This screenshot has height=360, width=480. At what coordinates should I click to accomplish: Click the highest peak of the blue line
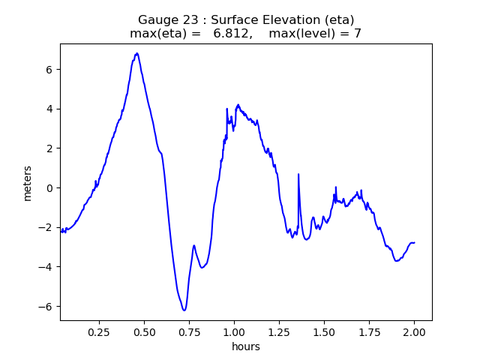tap(137, 53)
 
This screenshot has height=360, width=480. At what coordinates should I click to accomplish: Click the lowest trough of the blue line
tap(183, 310)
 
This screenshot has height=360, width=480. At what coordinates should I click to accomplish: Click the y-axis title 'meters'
tap(28, 182)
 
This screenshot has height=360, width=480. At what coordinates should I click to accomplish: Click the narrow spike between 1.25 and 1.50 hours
tap(298, 175)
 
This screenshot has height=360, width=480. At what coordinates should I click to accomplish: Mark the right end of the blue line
tap(414, 242)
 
